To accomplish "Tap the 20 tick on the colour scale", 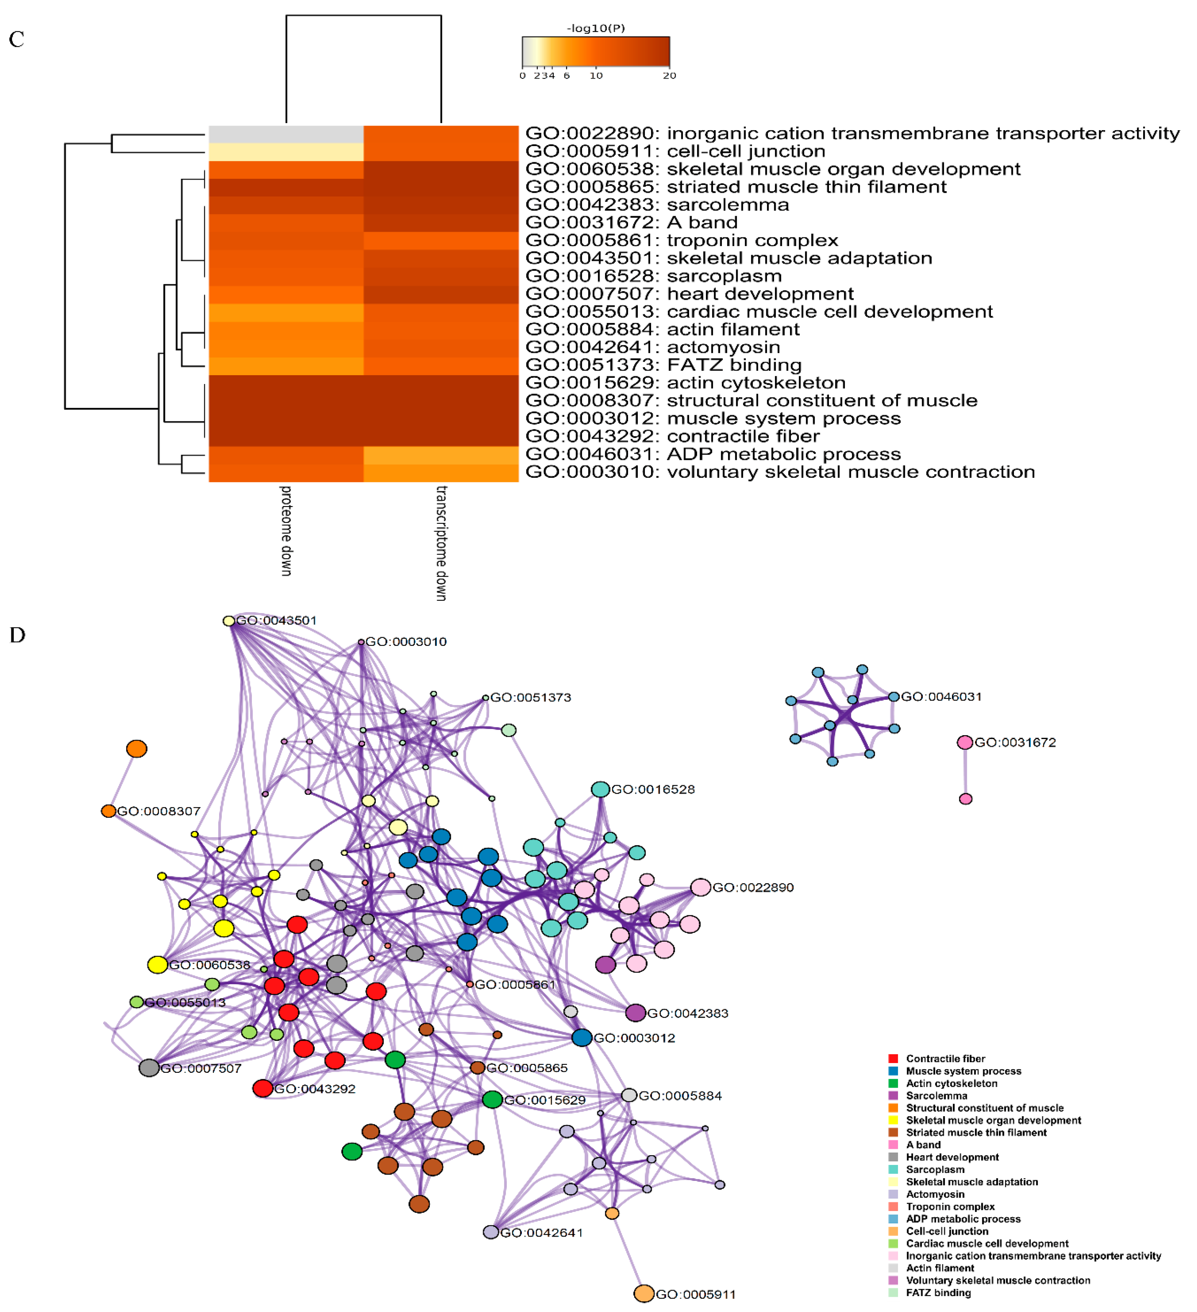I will (669, 76).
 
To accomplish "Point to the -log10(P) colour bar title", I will (596, 28).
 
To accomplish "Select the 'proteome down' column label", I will (286, 530).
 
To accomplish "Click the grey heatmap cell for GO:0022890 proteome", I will (286, 134).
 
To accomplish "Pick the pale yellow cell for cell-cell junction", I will (286, 152).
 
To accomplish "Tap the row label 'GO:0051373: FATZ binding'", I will (663, 365).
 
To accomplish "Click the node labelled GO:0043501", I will (228, 621).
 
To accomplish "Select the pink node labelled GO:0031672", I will (965, 743).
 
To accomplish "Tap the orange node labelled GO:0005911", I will (644, 1294).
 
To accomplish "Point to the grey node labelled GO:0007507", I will (149, 1068).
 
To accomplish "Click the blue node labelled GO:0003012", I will (582, 1038).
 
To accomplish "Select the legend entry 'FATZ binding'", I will (938, 1293).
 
